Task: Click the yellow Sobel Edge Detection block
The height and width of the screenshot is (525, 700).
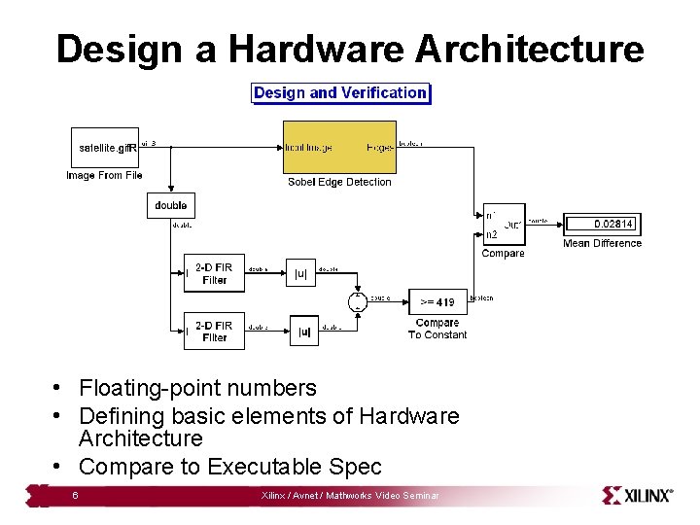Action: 339,147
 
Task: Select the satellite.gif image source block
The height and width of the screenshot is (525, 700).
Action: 105,148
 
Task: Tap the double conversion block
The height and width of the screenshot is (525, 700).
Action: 171,205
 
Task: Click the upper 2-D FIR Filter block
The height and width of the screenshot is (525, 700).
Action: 214,273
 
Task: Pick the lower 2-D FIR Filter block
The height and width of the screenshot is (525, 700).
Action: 214,331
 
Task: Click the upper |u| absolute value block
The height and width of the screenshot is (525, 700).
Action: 300,273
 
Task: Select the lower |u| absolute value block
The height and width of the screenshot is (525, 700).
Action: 304,332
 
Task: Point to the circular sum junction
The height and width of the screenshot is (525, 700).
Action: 357,300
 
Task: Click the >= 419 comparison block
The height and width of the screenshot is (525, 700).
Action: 437,301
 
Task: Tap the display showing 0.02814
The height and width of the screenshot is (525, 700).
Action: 603,224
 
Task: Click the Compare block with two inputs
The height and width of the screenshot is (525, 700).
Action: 504,224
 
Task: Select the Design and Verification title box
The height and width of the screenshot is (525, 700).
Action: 340,93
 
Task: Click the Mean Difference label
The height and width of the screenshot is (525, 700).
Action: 602,243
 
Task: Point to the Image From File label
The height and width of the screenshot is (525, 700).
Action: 104,175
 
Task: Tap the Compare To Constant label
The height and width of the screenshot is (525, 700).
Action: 437,329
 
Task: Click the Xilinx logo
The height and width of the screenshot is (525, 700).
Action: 638,495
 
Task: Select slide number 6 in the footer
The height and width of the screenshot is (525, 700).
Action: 75,496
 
